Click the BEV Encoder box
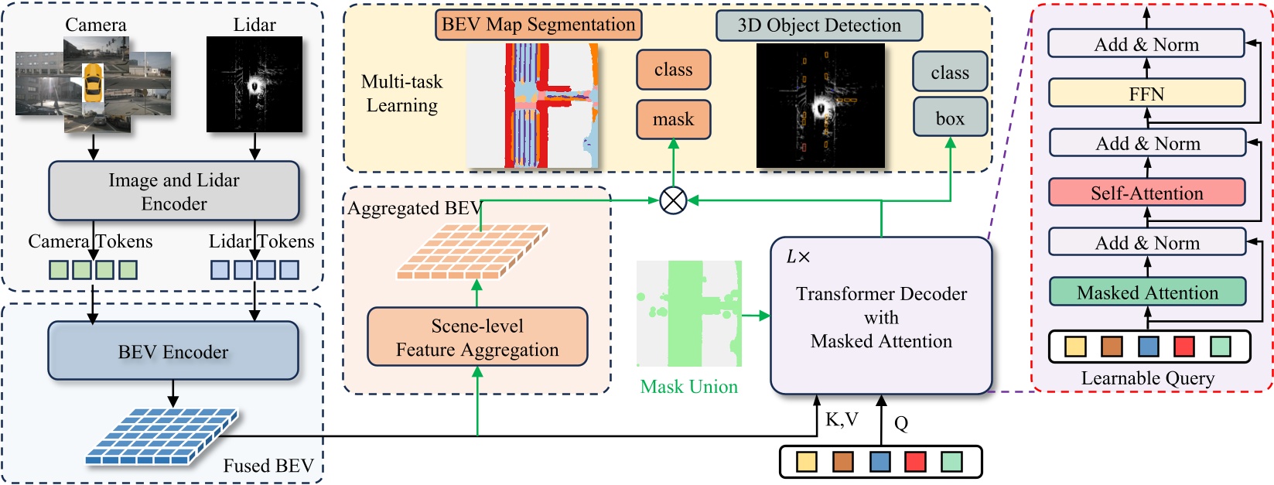(173, 351)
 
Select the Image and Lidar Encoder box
(173, 191)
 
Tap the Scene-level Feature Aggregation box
(476, 337)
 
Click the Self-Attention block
(1146, 193)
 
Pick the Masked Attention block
(1146, 292)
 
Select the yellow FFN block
(1146, 94)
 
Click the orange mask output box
(673, 119)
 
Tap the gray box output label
(949, 118)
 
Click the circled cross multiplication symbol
(673, 201)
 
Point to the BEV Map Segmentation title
(538, 25)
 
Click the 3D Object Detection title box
(818, 26)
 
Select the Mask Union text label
(688, 387)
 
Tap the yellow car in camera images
(93, 83)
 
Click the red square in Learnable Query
(1183, 346)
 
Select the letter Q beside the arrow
(901, 423)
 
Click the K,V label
(842, 419)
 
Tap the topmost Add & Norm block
(1146, 44)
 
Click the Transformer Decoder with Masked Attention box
(880, 316)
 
